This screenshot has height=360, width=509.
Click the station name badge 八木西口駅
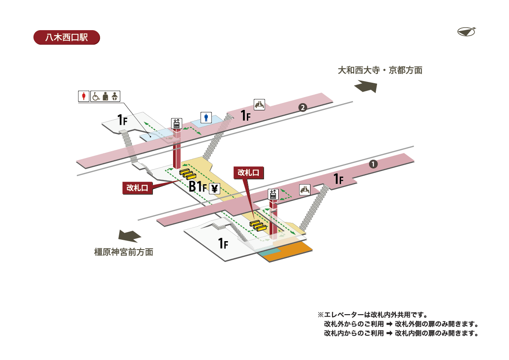66,37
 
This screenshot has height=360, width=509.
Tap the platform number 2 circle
302,107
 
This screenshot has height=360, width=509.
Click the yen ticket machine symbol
215,188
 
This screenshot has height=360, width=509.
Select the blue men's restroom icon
207,117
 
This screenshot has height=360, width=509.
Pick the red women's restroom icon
84,96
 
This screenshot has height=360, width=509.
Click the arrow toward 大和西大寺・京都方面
365,87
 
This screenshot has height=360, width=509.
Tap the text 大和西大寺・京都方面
380,70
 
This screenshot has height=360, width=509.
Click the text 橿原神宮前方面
123,252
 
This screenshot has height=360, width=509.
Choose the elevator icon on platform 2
176,124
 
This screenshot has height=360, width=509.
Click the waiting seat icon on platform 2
260,104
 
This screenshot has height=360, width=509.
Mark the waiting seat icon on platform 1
305,190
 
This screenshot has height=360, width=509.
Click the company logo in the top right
467,31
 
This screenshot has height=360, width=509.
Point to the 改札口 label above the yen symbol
249,172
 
